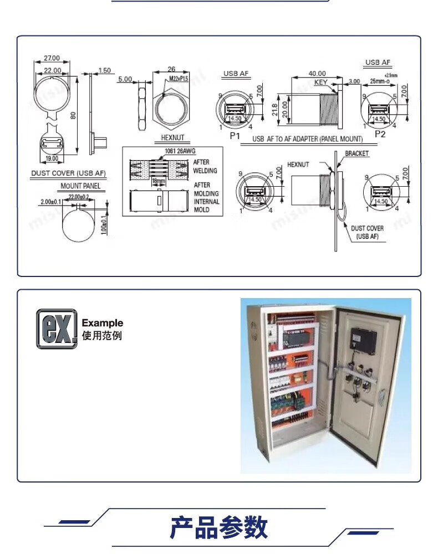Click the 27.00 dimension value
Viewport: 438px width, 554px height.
[x=52, y=58]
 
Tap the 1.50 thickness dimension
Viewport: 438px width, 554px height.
[x=104, y=71]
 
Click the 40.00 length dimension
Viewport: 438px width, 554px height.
[x=317, y=74]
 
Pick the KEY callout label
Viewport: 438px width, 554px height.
[x=321, y=83]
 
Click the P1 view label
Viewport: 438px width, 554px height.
[x=235, y=135]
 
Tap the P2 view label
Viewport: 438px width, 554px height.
[x=380, y=134]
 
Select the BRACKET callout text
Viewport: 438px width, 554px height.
[x=356, y=153]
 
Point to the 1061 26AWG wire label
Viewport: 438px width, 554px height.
[x=180, y=151]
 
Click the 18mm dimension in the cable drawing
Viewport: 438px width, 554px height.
[x=159, y=181]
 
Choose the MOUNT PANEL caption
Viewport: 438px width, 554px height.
[x=80, y=186]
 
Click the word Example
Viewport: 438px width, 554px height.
[x=103, y=323]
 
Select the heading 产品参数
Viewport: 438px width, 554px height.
[x=218, y=528]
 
